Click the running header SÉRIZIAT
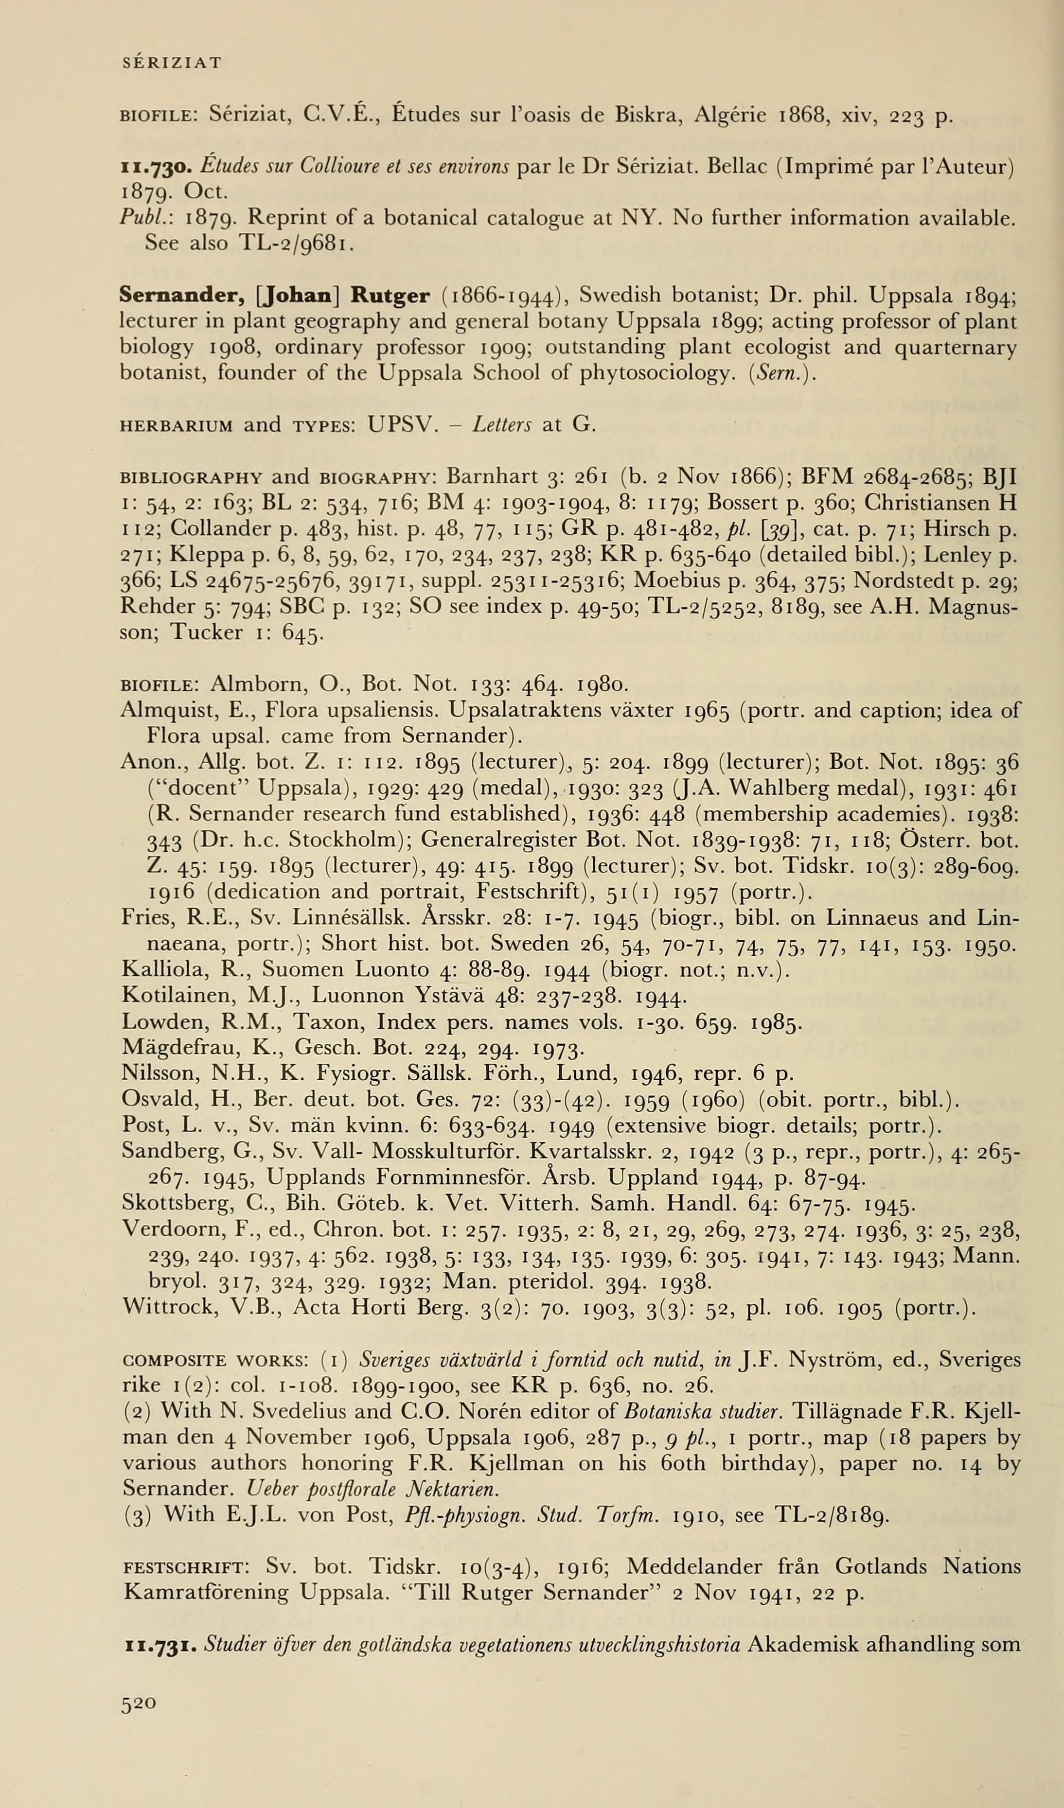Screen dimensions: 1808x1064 coord(172,63)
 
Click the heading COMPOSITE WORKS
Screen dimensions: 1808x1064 coord(215,1360)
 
